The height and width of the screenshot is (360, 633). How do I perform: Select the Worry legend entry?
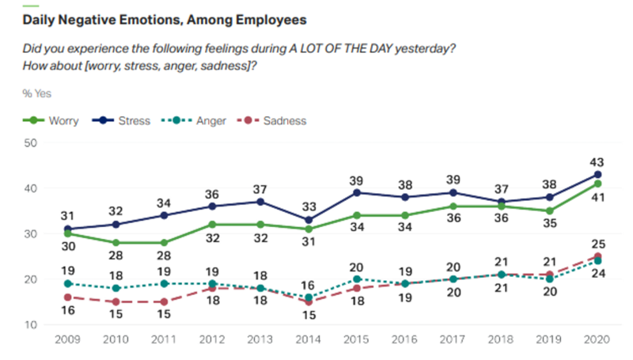point(62,121)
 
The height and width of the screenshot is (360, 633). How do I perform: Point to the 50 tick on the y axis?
point(31,143)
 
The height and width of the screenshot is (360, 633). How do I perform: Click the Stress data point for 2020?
point(597,175)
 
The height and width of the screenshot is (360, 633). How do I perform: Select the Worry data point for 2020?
point(597,184)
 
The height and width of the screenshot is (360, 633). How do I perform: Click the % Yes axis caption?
point(37,94)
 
